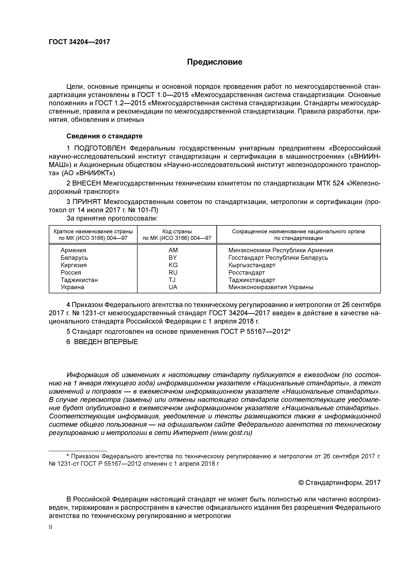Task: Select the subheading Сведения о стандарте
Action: tap(104, 136)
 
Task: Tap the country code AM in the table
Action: tap(173, 250)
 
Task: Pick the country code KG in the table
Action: tap(173, 265)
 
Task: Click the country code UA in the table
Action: tap(173, 287)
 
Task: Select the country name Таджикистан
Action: tap(79, 280)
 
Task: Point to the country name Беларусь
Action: tap(74, 258)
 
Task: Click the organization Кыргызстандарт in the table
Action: tap(252, 265)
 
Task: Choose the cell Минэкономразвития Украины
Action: tap(271, 287)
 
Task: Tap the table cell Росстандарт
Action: tap(246, 273)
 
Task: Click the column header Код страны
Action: tap(177, 231)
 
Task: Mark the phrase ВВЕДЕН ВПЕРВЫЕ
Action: tap(106, 342)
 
